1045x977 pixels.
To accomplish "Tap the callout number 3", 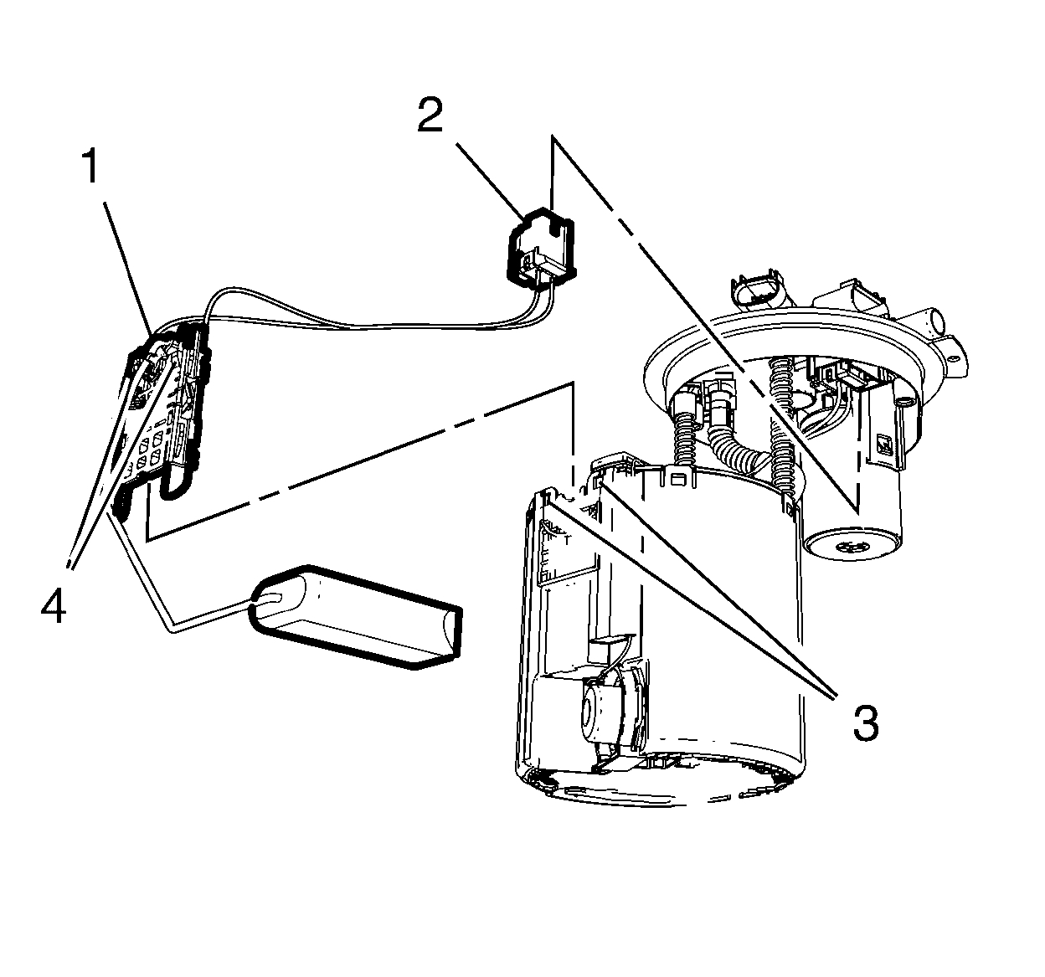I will click(x=865, y=722).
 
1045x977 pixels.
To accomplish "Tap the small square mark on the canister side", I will click(x=885, y=445).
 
